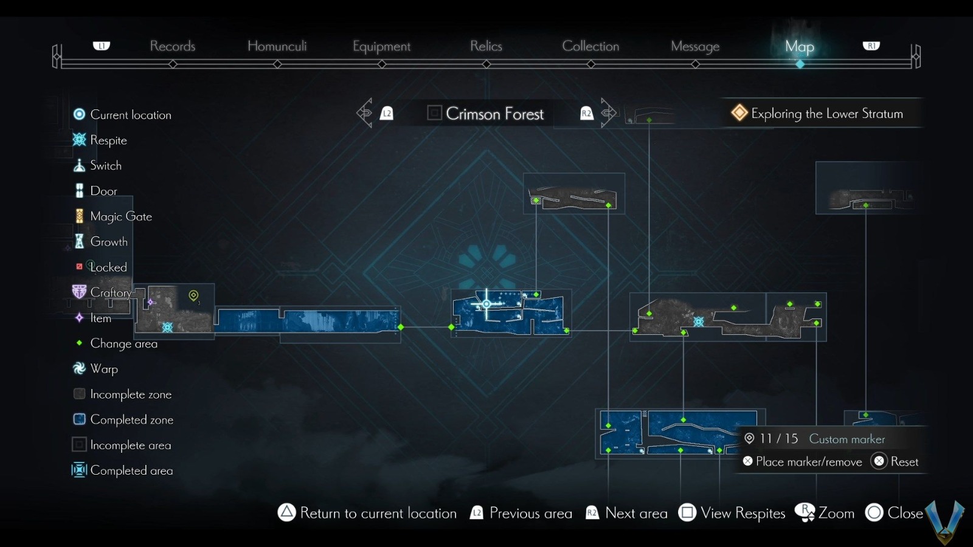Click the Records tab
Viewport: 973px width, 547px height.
point(173,46)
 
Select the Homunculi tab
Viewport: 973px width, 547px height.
point(277,46)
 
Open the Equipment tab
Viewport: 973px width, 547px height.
point(381,47)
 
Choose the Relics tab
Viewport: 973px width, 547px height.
point(486,46)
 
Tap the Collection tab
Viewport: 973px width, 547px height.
point(590,46)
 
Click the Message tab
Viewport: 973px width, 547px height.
point(695,47)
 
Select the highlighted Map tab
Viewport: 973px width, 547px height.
point(799,47)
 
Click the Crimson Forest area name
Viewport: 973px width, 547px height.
point(494,114)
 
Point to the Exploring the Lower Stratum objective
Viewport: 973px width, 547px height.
point(826,114)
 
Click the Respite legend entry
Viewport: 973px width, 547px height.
point(108,140)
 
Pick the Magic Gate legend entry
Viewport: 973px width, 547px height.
point(120,216)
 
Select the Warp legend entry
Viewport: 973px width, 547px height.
point(104,369)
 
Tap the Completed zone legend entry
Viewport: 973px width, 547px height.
point(131,420)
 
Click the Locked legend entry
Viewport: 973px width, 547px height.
point(108,267)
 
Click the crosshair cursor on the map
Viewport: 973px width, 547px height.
point(486,304)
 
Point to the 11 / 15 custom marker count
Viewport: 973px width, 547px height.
point(778,439)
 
